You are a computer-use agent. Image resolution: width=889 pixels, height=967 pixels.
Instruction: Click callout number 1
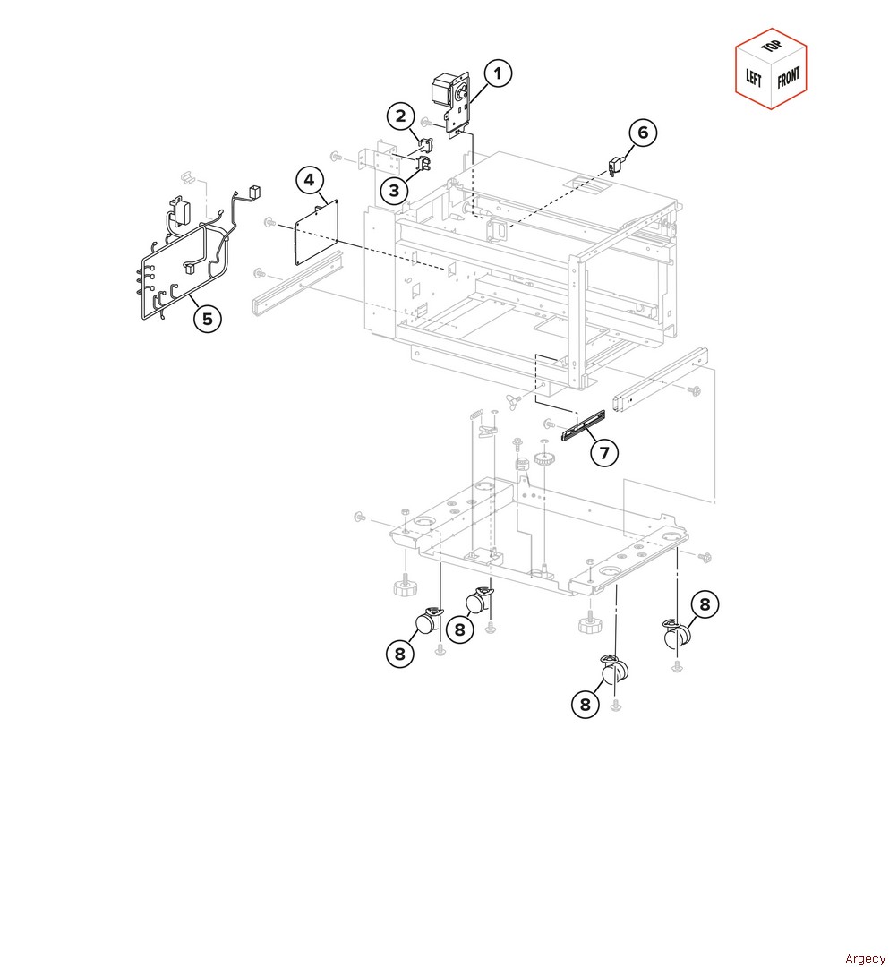[x=498, y=73]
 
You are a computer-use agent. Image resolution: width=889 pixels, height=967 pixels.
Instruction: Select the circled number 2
[x=401, y=116]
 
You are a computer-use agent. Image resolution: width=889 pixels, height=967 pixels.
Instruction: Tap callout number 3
[x=394, y=191]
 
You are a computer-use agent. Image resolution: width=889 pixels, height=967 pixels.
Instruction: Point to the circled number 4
[x=309, y=180]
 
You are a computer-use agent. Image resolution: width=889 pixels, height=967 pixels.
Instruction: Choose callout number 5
[x=207, y=319]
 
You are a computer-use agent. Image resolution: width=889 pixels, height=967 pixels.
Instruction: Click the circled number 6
[x=643, y=133]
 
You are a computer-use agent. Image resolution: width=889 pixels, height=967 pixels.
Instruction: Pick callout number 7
[x=603, y=453]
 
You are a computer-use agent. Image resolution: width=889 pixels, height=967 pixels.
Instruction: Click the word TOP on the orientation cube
[x=771, y=47]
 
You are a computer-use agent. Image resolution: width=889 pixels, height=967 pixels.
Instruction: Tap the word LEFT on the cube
[x=754, y=78]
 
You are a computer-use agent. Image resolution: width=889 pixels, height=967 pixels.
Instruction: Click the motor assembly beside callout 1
[x=452, y=104]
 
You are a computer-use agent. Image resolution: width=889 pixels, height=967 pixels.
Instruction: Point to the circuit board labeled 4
[x=317, y=232]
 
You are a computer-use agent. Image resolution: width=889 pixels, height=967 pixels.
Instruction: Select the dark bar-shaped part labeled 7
[x=583, y=425]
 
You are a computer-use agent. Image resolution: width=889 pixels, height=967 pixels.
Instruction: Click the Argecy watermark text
[x=865, y=958]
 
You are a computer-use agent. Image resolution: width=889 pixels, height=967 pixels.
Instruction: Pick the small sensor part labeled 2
[x=425, y=144]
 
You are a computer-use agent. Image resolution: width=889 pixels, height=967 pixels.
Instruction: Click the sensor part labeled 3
[x=424, y=164]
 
